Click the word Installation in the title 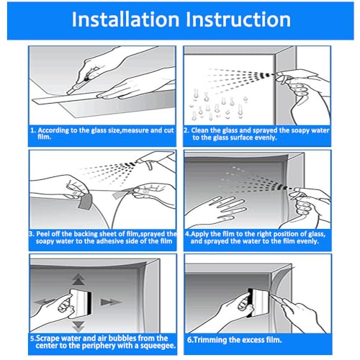click(125, 19)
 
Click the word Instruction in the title click(238, 19)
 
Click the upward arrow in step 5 click(78, 279)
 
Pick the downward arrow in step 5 click(78, 326)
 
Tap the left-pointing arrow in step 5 click(45, 302)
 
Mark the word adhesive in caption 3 click(108, 241)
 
